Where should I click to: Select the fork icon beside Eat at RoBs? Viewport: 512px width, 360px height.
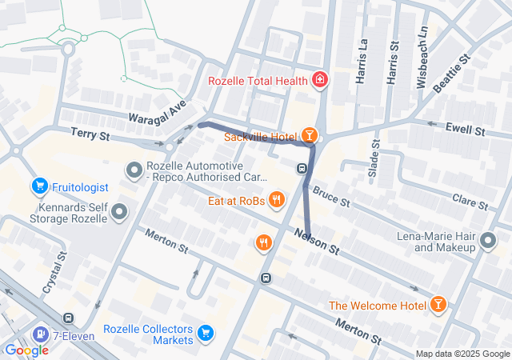(x=277, y=200)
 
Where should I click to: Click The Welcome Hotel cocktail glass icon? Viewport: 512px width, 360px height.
(x=438, y=305)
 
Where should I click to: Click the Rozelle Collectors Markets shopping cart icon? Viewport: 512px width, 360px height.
(x=206, y=332)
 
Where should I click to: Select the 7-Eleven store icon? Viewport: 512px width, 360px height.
(x=39, y=334)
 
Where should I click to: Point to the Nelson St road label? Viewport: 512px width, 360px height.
(x=318, y=242)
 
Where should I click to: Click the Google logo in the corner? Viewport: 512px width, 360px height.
(x=27, y=350)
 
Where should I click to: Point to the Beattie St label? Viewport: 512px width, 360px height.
(x=453, y=70)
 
